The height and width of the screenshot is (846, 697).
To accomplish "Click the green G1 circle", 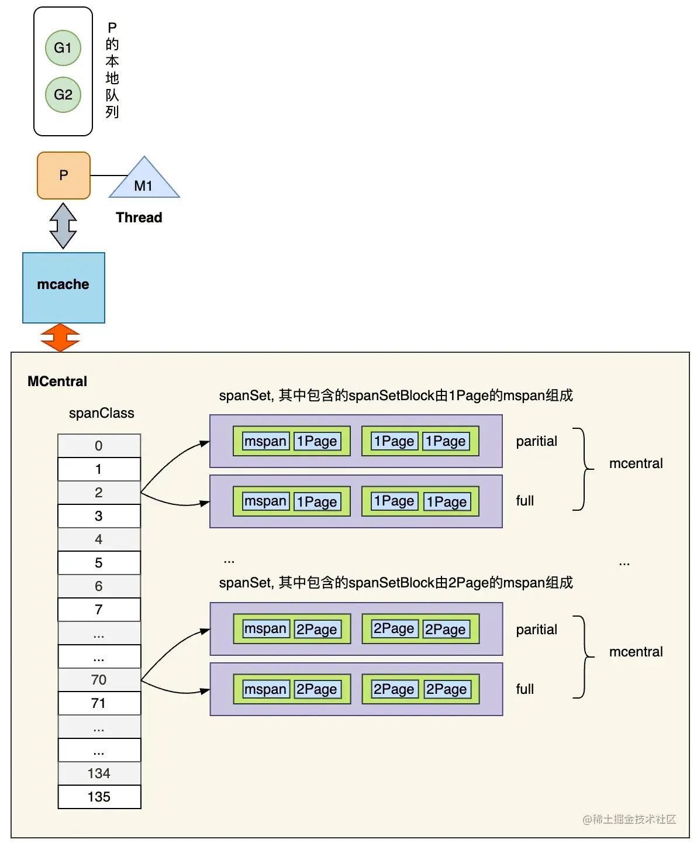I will point(63,48).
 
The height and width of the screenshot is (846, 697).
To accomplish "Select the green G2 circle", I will point(63,95).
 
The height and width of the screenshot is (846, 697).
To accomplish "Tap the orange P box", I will point(64,176).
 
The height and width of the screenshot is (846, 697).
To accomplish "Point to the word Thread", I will point(139,218).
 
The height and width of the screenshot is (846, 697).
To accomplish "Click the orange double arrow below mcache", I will point(60,338).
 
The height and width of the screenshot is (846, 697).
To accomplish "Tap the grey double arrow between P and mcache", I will point(63,226).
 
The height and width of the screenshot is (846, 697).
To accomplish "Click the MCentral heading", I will point(57,381).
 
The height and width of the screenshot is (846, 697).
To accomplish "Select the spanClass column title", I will point(102,413).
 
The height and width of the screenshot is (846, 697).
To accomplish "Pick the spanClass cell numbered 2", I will point(99,493).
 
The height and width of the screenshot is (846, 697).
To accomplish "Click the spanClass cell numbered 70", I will point(99,680).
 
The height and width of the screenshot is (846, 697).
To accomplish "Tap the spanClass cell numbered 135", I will point(99,797).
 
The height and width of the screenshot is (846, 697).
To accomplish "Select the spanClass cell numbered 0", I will point(99,446).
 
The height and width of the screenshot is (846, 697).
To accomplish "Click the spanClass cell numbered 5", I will point(99,563).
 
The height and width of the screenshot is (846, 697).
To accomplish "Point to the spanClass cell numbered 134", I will point(99,773).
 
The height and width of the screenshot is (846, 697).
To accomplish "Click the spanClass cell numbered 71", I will point(99,703).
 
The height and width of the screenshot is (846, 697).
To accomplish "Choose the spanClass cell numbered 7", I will point(99,610).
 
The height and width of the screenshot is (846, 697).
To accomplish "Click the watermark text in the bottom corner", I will point(629,819).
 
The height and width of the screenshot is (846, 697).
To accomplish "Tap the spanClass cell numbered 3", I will point(99,516).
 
